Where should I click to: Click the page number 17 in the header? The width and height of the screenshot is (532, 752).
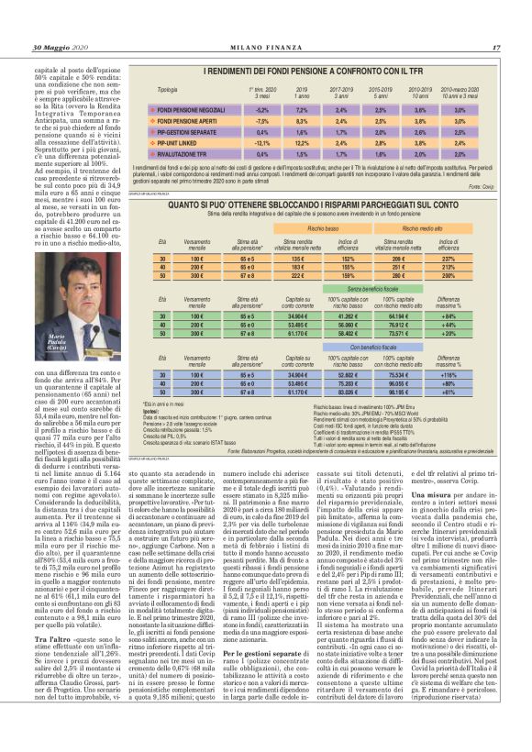pyautogui.click(x=495, y=48)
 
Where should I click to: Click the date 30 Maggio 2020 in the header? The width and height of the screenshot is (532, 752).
pyautogui.click(x=61, y=48)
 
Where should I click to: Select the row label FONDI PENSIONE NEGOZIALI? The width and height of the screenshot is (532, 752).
pyautogui.click(x=194, y=109)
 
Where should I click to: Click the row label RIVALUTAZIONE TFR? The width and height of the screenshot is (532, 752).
pyautogui.click(x=186, y=153)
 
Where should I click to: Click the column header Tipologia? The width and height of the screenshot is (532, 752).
pyautogui.click(x=167, y=90)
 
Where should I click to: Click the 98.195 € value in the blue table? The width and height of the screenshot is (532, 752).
pyautogui.click(x=399, y=392)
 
